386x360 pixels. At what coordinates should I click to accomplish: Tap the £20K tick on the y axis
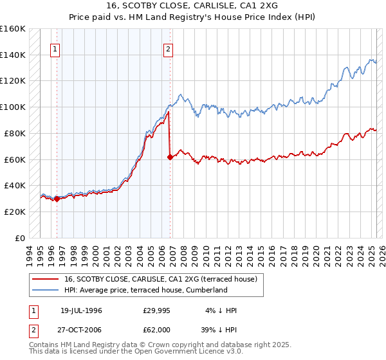(x=15, y=212)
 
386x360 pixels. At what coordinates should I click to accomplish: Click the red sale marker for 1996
(x=57, y=199)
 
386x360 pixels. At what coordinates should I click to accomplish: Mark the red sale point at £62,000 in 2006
(x=170, y=157)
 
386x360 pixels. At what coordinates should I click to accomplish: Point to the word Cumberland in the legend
(x=207, y=290)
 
